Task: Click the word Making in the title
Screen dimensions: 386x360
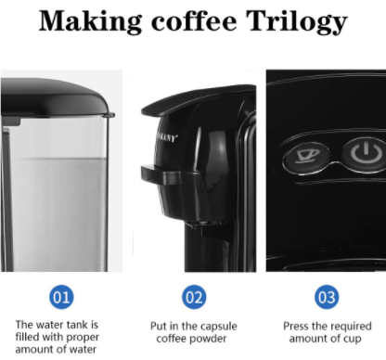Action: [x=91, y=21]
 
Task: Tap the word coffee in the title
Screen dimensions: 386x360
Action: [x=194, y=21]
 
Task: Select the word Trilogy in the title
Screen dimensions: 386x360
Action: [x=297, y=21]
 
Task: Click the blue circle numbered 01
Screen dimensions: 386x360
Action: [x=61, y=297]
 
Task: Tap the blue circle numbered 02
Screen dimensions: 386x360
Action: [x=194, y=297]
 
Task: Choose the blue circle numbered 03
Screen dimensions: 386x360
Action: [x=327, y=297]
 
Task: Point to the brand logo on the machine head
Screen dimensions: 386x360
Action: [x=167, y=137]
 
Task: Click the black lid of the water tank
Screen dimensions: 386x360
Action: [x=56, y=98]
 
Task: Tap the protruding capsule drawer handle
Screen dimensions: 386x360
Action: [x=161, y=174]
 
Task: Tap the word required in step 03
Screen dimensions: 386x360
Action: [x=351, y=327]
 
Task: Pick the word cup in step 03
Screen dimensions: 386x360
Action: [x=353, y=340]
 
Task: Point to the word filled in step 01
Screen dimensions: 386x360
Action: [x=26, y=337]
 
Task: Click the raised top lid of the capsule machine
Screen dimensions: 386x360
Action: [x=198, y=98]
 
